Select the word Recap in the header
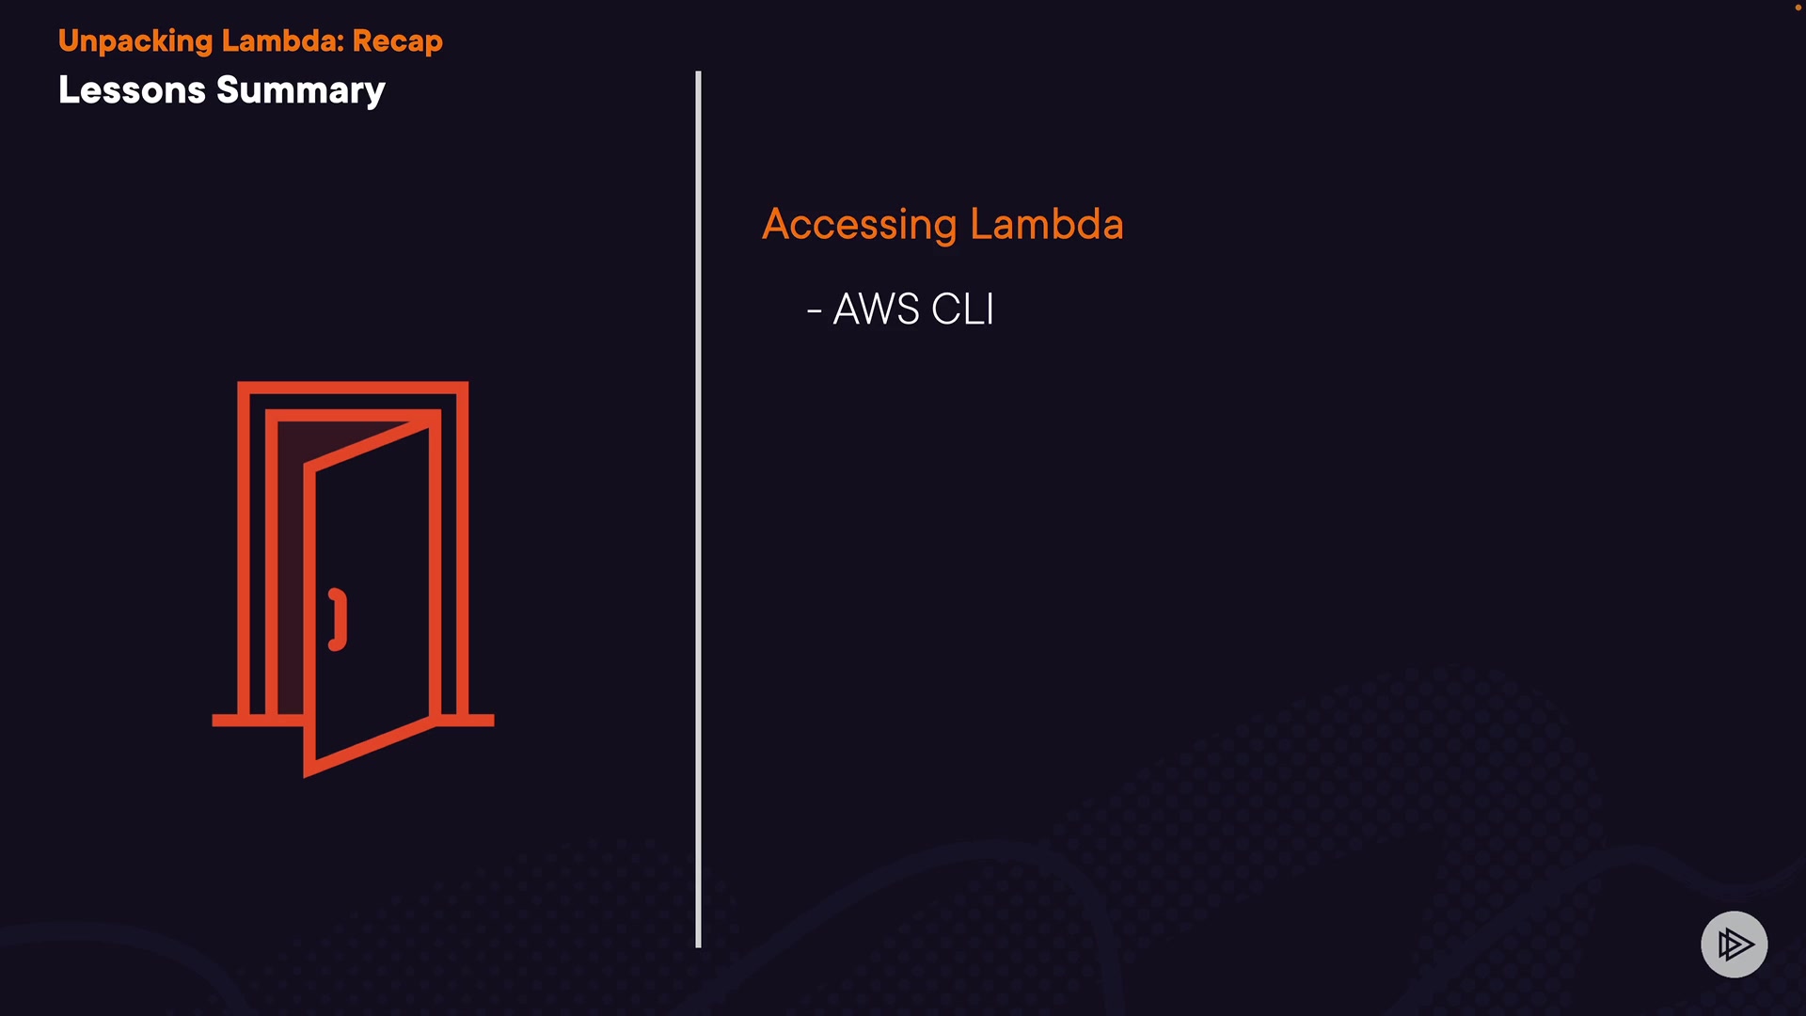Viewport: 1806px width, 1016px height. [397, 41]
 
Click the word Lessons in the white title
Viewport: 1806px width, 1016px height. [132, 90]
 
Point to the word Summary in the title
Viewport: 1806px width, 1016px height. [301, 91]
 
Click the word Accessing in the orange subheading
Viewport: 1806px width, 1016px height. [859, 225]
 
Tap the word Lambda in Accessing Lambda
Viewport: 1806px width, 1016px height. [1046, 224]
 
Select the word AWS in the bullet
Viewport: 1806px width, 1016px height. [876, 310]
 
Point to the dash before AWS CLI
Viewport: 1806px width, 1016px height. [815, 310]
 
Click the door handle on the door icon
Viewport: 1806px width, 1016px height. [338, 619]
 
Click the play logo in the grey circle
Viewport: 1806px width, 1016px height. [1734, 944]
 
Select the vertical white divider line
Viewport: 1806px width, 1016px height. [698, 508]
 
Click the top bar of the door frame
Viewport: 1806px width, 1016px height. [353, 388]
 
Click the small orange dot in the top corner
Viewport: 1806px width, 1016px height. [1798, 8]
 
